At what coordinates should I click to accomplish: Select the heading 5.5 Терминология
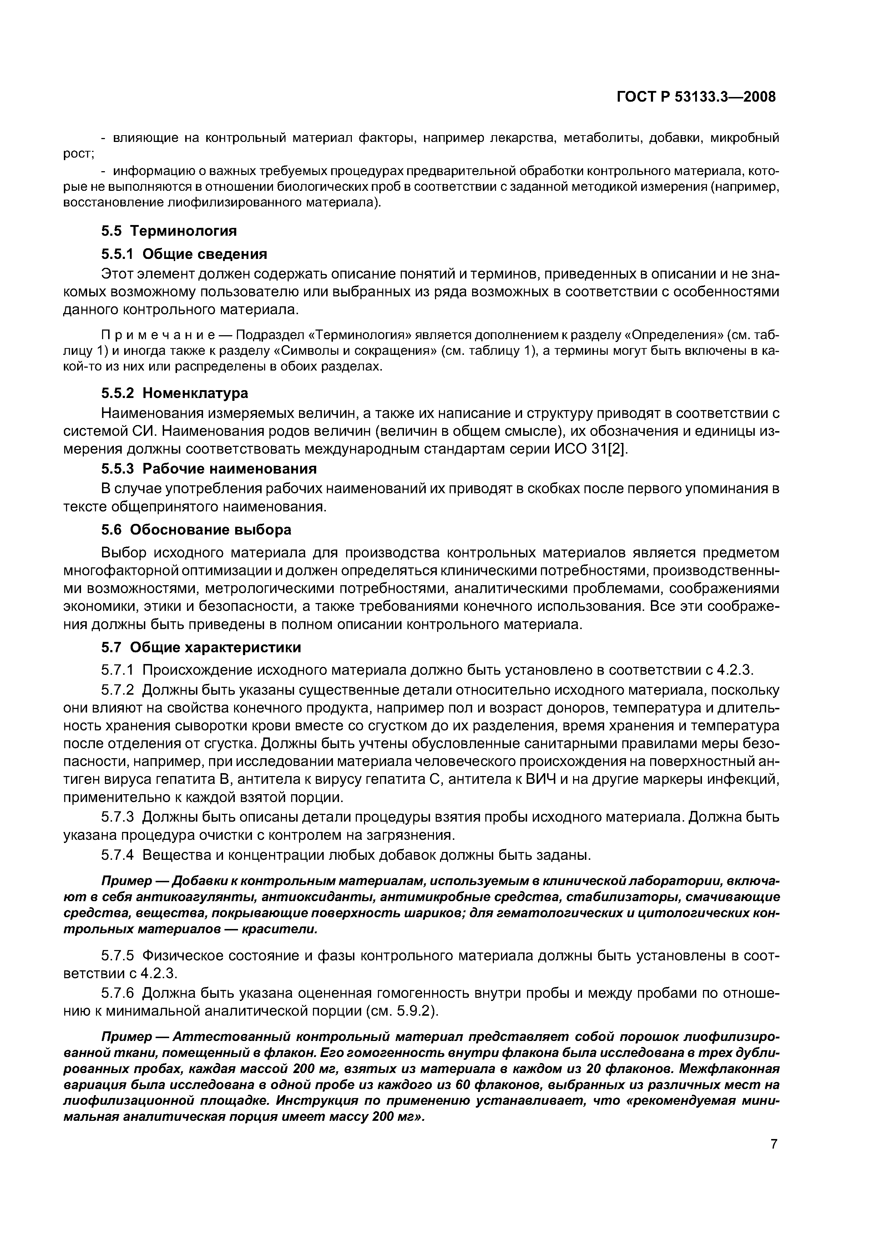tap(169, 231)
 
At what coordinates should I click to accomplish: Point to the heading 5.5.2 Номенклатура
tap(175, 393)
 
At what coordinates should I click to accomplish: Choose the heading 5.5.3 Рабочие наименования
tap(209, 469)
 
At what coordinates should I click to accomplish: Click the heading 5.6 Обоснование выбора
tap(196, 530)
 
